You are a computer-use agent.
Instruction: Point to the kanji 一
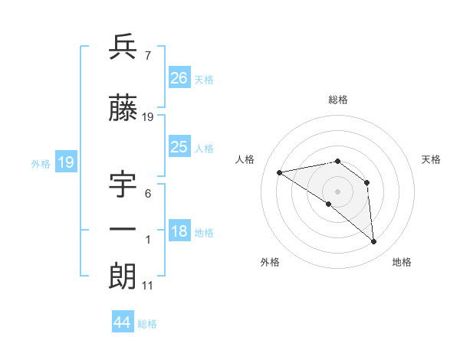[x=123, y=230]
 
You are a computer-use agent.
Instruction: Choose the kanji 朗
[x=123, y=277]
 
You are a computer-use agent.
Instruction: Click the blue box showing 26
[x=179, y=77]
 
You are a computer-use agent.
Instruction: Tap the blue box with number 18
[x=179, y=231]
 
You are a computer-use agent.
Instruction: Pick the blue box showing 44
[x=123, y=322]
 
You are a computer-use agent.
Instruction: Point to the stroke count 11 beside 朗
[x=147, y=286]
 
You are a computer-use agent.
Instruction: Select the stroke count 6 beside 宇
[x=147, y=195]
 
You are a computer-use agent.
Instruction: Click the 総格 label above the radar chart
[x=338, y=100]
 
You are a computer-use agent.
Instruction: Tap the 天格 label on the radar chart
[x=431, y=159]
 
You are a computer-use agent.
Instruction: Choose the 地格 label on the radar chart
[x=402, y=262]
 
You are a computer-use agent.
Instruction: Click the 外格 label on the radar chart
[x=270, y=262]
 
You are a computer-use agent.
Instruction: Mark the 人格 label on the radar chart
[x=245, y=159]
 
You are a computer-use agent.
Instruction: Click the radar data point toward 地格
[x=374, y=242]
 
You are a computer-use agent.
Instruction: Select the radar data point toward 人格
[x=280, y=172]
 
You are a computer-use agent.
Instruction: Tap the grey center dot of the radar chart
[x=337, y=191]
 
